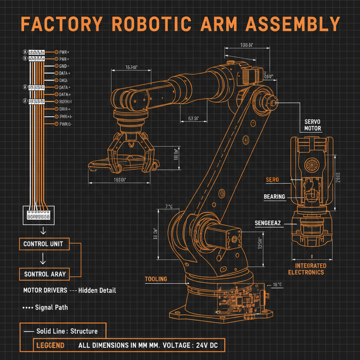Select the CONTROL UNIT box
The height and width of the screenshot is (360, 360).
[x=44, y=244]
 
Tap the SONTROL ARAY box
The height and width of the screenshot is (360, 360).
[x=45, y=274]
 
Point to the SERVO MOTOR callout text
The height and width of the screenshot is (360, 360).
[x=313, y=125]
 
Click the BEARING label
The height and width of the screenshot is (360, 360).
[x=274, y=197]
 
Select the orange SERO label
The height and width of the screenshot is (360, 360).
[x=272, y=180]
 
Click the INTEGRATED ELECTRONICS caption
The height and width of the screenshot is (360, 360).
[x=306, y=269]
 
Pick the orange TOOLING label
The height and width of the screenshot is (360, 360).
[x=156, y=279]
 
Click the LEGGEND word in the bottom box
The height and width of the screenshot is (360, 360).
[x=50, y=345]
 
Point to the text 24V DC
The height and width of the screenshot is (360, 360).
[x=207, y=345]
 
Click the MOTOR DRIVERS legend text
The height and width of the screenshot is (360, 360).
[x=45, y=290]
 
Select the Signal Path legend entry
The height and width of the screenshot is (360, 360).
[x=51, y=307]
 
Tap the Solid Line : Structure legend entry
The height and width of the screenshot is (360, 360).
[x=67, y=331]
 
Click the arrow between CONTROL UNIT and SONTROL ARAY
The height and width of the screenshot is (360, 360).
[x=43, y=259]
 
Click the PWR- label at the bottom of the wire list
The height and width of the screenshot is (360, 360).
[x=65, y=124]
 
